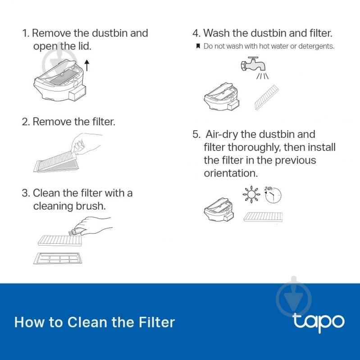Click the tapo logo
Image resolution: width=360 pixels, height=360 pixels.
pyautogui.click(x=319, y=322)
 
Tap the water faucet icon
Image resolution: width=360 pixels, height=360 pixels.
pyautogui.click(x=253, y=64)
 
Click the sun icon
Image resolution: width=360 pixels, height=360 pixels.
pyautogui.click(x=251, y=195)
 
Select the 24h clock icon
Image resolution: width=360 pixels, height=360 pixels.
pyautogui.click(x=273, y=195)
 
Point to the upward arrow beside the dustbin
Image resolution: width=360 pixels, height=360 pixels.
pyautogui.click(x=87, y=65)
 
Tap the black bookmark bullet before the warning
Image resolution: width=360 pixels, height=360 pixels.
pyautogui.click(x=198, y=46)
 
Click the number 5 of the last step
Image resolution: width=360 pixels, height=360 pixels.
pyautogui.click(x=196, y=134)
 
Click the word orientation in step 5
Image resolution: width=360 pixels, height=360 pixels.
pyautogui.click(x=231, y=173)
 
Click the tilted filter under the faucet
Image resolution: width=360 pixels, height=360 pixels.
pyautogui.click(x=267, y=97)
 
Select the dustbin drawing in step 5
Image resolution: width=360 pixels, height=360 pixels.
pyautogui.click(x=219, y=210)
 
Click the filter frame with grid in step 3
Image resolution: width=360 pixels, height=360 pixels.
pyautogui.click(x=57, y=258)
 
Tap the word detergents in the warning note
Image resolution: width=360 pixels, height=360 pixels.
pyautogui.click(x=316, y=46)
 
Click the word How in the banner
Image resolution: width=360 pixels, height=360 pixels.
pyautogui.click(x=29, y=322)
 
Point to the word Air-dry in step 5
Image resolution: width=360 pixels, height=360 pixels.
pyautogui.click(x=222, y=135)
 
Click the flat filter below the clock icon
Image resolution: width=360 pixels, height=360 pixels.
pyautogui.click(x=263, y=217)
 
